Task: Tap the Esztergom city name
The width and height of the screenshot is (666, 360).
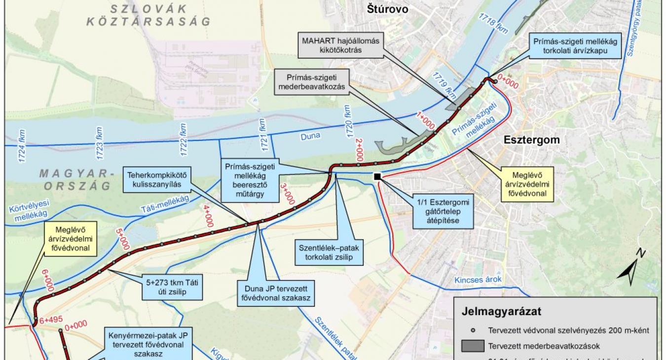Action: point(532,140)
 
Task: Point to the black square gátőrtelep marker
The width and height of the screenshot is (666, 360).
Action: point(377,177)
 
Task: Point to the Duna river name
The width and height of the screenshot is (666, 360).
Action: point(310,136)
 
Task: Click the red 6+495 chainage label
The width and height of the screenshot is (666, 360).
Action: point(51,320)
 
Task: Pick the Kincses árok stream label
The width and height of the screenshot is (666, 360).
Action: point(478,280)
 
